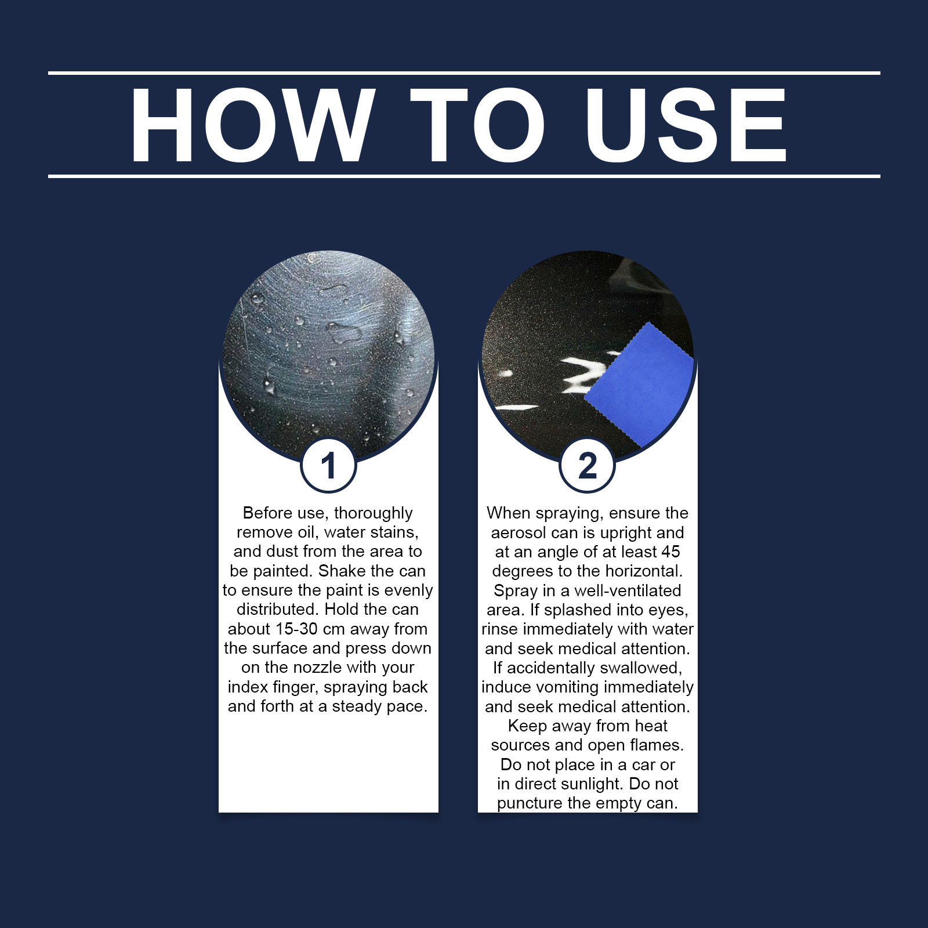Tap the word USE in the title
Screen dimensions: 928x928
tap(686, 125)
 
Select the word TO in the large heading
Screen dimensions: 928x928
tap(479, 125)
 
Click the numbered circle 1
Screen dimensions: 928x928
tap(328, 465)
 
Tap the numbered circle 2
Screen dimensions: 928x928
tap(587, 465)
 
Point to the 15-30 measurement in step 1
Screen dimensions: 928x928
tap(296, 629)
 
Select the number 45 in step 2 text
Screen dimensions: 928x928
tap(670, 552)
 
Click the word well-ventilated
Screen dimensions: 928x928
tap(628, 590)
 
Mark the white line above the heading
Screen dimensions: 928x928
tap(464, 73)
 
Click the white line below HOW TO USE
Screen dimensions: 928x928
tap(464, 176)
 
